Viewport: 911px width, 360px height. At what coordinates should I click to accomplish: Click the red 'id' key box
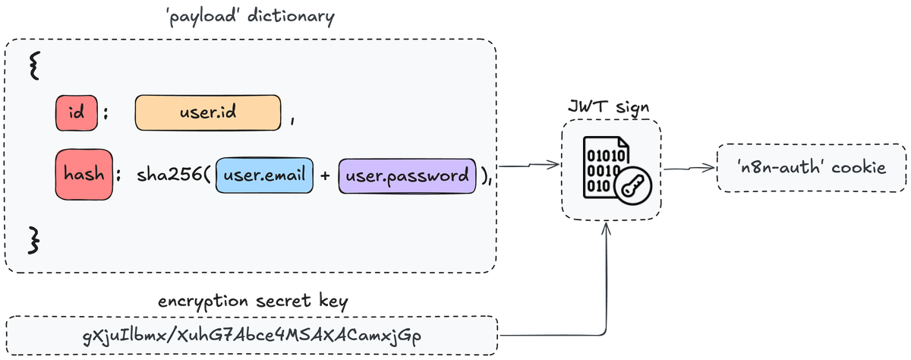click(76, 113)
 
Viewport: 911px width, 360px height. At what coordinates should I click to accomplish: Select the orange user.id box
click(208, 113)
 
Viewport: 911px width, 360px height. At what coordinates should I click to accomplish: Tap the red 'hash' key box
click(84, 175)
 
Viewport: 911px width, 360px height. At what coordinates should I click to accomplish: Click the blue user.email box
click(265, 175)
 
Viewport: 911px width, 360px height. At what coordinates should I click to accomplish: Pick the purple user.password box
click(407, 175)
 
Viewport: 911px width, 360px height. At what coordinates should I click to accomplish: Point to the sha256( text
click(174, 176)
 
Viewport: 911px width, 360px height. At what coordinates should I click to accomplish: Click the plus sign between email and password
click(325, 176)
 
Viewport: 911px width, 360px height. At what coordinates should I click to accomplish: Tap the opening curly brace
click(33, 67)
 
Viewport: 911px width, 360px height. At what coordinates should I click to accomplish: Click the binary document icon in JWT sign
click(604, 168)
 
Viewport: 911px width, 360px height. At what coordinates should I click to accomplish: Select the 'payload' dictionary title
click(250, 18)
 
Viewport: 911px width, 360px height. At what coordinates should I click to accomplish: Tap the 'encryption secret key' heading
click(253, 301)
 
